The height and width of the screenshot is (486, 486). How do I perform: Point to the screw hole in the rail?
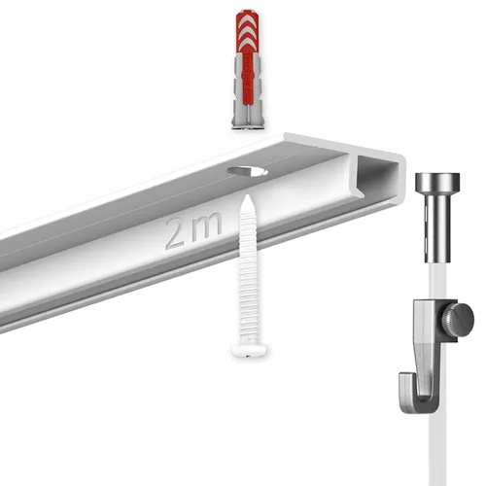[x=249, y=172]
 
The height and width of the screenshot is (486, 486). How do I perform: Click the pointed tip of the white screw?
[x=250, y=198]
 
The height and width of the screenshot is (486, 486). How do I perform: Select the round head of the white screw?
[x=250, y=347]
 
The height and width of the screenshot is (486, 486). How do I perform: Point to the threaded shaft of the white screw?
[x=250, y=272]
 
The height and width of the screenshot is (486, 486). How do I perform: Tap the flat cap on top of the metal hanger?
[x=437, y=183]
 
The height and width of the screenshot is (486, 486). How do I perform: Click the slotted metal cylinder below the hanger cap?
[x=437, y=228]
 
